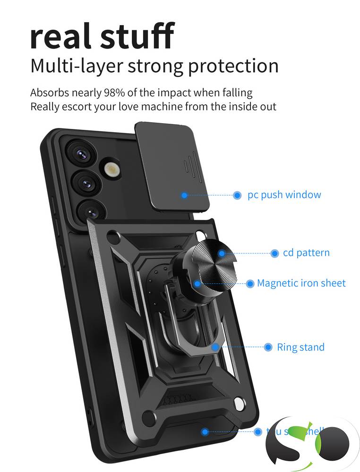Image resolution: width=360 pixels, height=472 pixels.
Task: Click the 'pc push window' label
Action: [284, 195]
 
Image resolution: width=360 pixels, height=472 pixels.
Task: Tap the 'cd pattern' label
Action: [306, 253]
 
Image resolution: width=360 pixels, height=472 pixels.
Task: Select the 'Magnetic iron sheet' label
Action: [301, 283]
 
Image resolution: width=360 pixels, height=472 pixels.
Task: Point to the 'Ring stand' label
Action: [300, 347]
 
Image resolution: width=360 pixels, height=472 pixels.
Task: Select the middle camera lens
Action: [86, 180]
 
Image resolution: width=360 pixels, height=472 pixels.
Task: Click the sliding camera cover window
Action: [172, 168]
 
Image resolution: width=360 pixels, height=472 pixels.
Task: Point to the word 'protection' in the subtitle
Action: [233, 66]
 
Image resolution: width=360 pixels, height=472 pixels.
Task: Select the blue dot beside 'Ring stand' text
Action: [268, 347]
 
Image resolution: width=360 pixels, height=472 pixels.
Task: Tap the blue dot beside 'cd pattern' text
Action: [274, 253]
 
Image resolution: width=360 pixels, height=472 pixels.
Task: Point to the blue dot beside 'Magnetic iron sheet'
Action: [250, 284]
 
